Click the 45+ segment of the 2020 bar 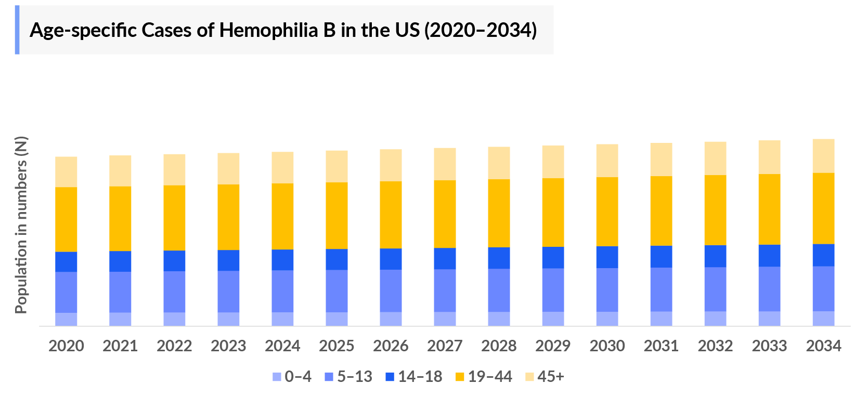[66, 171]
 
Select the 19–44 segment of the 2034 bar [823, 208]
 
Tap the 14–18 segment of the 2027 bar [445, 258]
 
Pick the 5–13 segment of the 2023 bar [228, 291]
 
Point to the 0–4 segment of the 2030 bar [607, 319]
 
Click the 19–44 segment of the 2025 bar [337, 215]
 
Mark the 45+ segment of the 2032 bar [715, 158]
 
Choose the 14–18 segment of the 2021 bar [120, 261]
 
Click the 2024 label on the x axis [282, 346]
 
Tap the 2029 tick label [553, 346]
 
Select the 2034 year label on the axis [823, 346]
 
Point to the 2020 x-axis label [66, 346]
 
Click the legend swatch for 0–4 [277, 377]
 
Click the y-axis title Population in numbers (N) [21, 225]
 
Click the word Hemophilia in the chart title [269, 30]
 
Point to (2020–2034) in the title [481, 30]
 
